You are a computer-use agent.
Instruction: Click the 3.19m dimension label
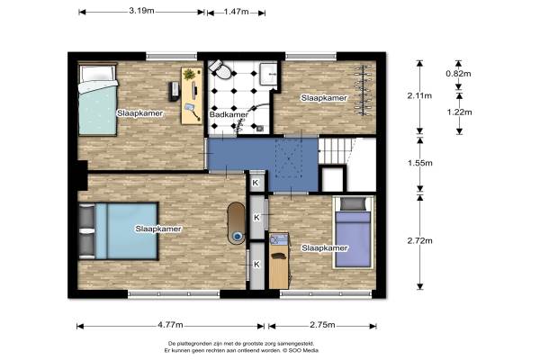point(141,11)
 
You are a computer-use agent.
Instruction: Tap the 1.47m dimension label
point(236,12)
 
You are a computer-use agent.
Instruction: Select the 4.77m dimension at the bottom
point(170,325)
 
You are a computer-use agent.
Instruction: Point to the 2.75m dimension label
point(322,325)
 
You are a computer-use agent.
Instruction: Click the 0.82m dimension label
point(458,74)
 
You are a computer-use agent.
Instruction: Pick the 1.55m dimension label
point(419,163)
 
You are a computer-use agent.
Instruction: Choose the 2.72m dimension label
point(419,240)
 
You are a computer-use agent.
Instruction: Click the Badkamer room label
point(229,114)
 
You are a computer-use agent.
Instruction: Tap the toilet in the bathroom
point(220,69)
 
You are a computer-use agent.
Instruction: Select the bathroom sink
point(268,74)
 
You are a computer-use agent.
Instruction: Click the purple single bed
point(353,232)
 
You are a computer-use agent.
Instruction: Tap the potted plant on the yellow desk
point(189,74)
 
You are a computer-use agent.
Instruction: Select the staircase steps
point(335,150)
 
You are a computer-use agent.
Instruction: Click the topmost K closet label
point(256,183)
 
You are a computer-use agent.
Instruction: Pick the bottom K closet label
point(256,265)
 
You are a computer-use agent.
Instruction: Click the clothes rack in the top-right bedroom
point(363,90)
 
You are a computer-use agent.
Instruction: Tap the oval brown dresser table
point(236,223)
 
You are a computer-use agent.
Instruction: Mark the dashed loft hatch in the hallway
point(289,158)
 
